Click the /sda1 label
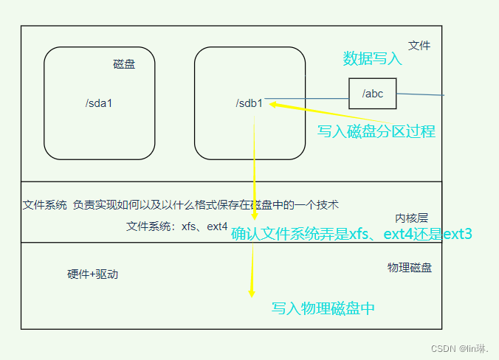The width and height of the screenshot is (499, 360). click(99, 103)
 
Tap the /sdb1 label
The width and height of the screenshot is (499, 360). click(250, 103)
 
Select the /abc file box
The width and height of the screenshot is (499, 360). click(372, 94)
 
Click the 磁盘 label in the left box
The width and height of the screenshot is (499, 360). click(124, 65)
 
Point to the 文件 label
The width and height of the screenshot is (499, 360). click(419, 46)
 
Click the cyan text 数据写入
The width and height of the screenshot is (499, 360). click(373, 58)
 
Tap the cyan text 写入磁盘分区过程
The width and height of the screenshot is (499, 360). click(376, 131)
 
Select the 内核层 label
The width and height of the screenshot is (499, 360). click(411, 218)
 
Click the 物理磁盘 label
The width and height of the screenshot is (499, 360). click(410, 267)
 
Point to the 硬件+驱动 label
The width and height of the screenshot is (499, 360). click(92, 274)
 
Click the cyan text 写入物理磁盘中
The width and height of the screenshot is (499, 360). click(323, 308)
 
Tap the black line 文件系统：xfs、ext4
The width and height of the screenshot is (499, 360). click(177, 226)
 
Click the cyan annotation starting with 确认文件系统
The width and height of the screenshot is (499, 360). click(351, 235)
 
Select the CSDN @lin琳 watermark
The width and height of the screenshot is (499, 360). click(464, 347)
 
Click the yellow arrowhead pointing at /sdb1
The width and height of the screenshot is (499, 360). click(274, 105)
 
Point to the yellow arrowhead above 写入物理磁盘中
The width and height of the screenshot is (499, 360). click(252, 292)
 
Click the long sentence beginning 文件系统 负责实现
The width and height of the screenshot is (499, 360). click(181, 205)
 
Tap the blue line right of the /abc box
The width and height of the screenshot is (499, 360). click(420, 94)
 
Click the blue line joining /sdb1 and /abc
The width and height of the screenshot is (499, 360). click(306, 98)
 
